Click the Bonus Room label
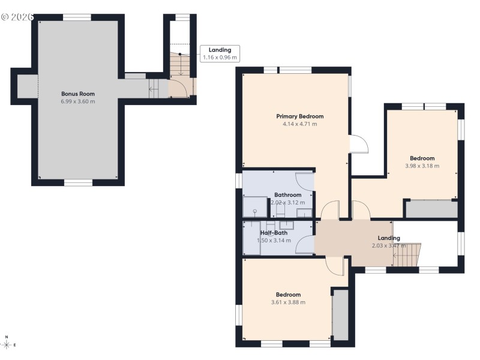[78, 94]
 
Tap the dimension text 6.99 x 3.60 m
[78, 101]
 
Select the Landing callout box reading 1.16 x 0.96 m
[220, 53]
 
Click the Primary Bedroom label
[299, 116]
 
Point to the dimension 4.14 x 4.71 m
[299, 124]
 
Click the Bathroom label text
[287, 195]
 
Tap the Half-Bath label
[274, 233]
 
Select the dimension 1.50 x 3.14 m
[274, 241]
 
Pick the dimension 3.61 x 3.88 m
[288, 302]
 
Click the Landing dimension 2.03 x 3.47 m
[389, 246]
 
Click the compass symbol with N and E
[7, 344]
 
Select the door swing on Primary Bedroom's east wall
[358, 144]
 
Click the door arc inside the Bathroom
[305, 181]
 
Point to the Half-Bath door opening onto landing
[305, 245]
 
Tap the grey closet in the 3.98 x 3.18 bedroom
[431, 209]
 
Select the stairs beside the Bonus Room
[155, 89]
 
